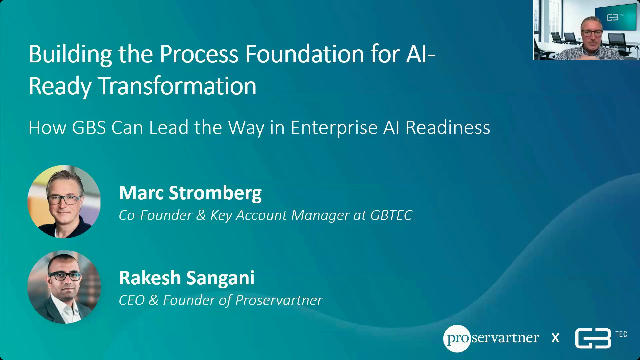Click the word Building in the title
point(70,54)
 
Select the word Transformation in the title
point(177,86)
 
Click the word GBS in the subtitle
point(89,127)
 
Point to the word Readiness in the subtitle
point(448,127)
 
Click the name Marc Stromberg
point(190,193)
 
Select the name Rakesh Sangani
point(187,278)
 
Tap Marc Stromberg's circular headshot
point(64,202)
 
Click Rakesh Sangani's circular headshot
point(64,287)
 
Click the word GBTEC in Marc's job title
point(391,215)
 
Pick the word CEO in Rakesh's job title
point(132,300)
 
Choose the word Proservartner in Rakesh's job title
point(279,300)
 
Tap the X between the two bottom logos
point(555,338)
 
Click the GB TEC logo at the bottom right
point(601,338)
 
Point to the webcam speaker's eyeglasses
point(592,33)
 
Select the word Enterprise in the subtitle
point(334,128)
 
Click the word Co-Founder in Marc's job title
point(156,215)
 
